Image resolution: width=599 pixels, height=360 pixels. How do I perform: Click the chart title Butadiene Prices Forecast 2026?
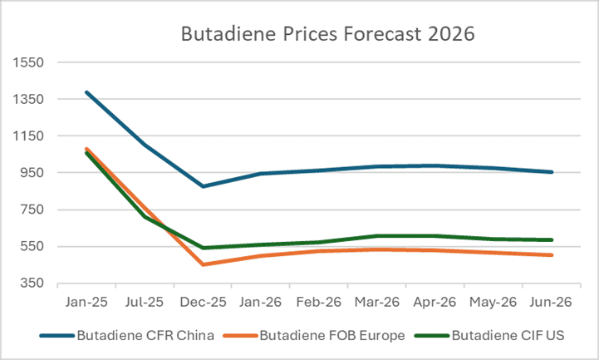[327, 35]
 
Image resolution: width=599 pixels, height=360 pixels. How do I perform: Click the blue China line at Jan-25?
[86, 92]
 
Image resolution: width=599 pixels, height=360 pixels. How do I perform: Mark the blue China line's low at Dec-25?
[203, 186]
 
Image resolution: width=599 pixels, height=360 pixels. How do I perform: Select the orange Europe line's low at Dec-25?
[203, 264]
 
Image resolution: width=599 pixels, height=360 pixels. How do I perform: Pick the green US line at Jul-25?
[145, 217]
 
